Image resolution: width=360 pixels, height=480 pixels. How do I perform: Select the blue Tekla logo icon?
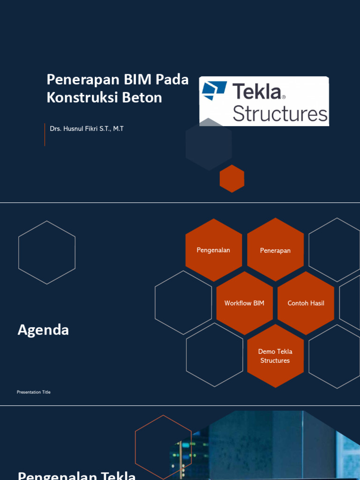[214, 90]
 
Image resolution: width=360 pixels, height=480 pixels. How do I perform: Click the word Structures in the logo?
[280, 114]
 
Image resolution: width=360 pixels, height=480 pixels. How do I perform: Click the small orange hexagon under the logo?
[232, 179]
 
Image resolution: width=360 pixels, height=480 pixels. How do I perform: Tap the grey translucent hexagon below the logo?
[209, 145]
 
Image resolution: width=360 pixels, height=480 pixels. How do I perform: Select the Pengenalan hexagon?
[214, 250]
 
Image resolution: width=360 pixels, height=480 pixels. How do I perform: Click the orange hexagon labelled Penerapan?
[275, 250]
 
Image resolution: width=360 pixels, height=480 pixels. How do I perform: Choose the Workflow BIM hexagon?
[244, 303]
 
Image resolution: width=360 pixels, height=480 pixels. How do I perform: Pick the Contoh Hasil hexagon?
[306, 303]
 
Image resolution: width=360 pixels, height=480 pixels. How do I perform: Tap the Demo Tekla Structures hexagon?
[275, 356]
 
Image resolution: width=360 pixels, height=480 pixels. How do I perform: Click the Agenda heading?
[43, 330]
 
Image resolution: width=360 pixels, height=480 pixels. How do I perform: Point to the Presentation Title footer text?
[34, 392]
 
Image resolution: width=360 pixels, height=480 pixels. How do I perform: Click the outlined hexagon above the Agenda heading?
[47, 252]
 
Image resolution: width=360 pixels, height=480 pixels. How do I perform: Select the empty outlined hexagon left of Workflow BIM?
[183, 303]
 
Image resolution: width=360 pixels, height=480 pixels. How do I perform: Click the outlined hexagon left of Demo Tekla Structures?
[214, 355]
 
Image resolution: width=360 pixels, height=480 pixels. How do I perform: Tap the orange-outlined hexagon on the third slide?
[163, 445]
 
